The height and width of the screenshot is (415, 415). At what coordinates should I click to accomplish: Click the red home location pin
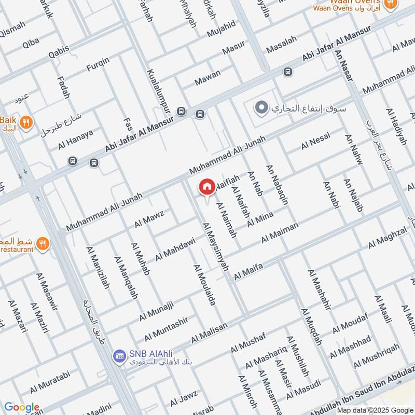[x=207, y=187]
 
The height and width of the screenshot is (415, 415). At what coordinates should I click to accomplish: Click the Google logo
[x=22, y=407]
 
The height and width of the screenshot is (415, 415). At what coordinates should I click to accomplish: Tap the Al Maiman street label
[x=280, y=232]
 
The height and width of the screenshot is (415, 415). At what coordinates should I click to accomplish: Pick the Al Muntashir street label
[x=166, y=327]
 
